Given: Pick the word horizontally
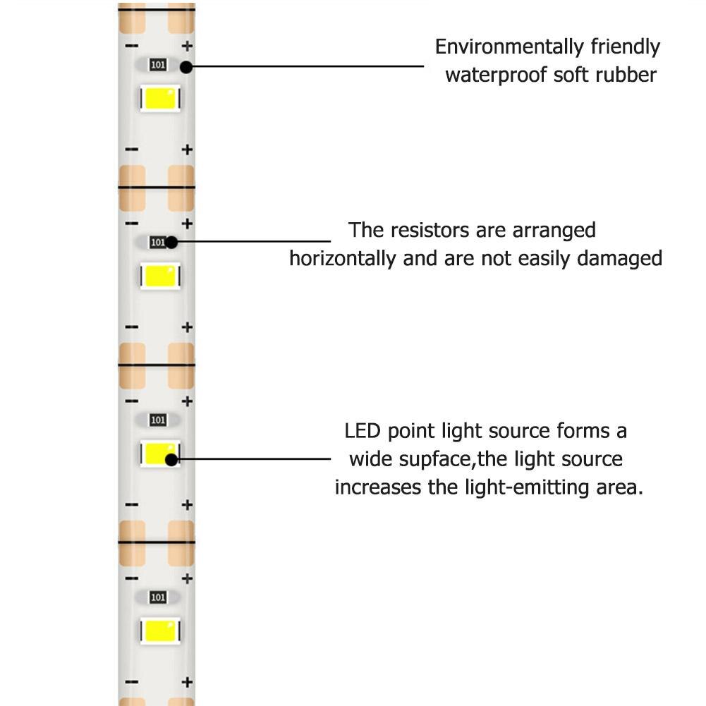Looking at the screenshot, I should (x=342, y=258).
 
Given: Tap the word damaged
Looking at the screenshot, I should (x=619, y=258).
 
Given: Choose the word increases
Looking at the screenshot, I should (x=377, y=488).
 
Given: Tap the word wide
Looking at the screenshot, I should (x=369, y=460).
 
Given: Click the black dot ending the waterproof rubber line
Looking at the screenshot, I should (x=186, y=67).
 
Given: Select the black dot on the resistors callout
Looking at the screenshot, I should (x=171, y=242).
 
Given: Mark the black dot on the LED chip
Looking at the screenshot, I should (x=171, y=459).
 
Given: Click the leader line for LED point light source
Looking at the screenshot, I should (x=254, y=459).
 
